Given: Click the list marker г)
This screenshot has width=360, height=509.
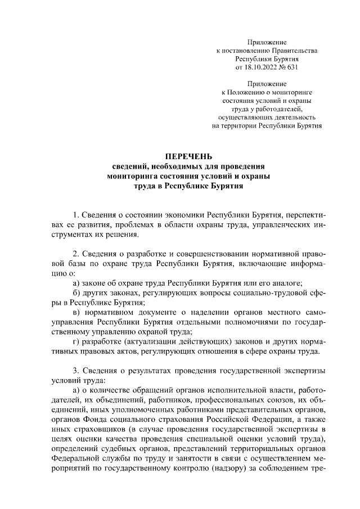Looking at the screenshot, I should point(76,343).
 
